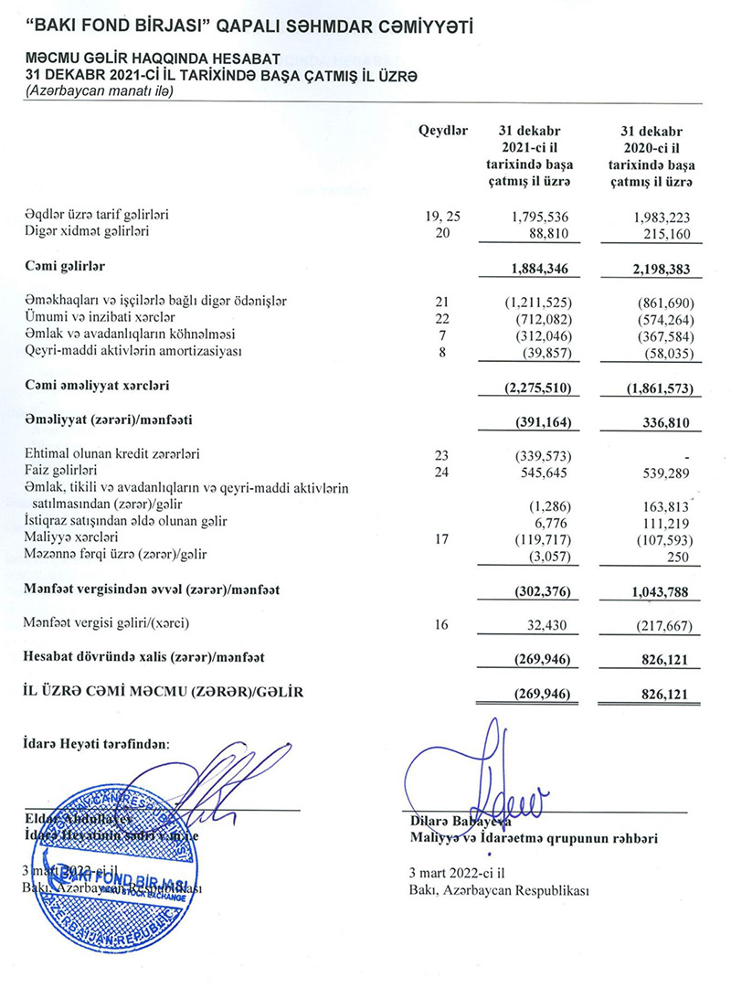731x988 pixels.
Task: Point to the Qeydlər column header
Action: coord(443,132)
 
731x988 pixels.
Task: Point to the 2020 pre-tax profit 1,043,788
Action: coord(654,591)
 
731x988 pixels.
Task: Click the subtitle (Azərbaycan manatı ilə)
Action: coord(99,90)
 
